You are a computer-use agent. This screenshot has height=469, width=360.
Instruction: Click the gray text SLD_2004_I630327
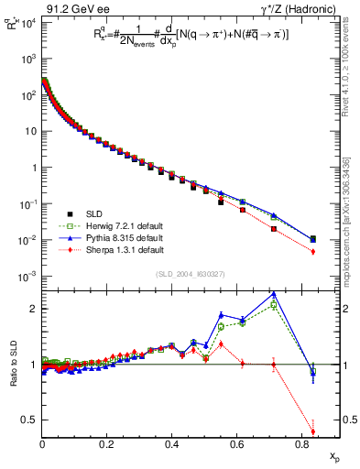[192, 274]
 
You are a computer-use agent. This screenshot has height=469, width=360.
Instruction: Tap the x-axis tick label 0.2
[107, 446]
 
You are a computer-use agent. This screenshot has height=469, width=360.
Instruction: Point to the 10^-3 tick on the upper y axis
[27, 277]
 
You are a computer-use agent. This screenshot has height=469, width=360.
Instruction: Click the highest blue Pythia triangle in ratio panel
[274, 294]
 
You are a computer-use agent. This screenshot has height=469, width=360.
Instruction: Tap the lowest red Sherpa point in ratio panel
[313, 432]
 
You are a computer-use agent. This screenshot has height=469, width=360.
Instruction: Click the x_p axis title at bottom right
[333, 456]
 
